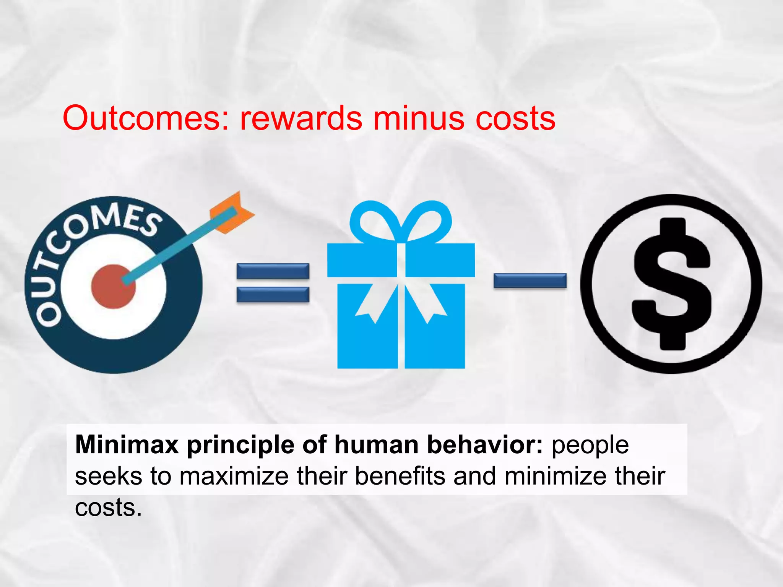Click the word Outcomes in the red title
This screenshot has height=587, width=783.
pos(145,118)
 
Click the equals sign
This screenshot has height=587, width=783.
pos(273,283)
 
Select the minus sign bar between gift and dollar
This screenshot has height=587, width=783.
pos(530,281)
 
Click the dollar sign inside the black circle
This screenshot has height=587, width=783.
pos(672,284)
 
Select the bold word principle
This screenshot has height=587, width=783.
pos(240,446)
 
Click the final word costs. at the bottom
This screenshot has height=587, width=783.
pos(108,508)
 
